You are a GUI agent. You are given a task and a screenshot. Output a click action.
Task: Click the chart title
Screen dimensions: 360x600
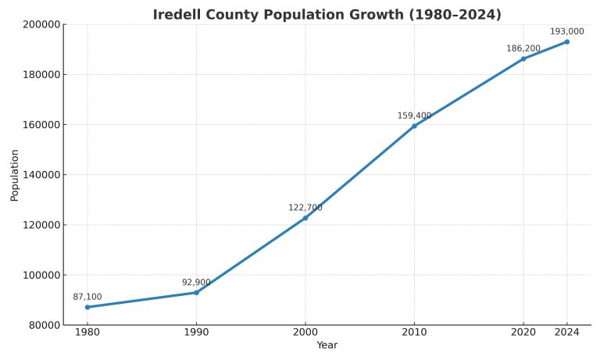pyautogui.click(x=327, y=15)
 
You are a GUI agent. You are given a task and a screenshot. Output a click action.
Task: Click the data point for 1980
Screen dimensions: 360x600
pyautogui.click(x=87, y=307)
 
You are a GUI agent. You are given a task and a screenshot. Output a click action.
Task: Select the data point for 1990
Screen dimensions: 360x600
pyautogui.click(x=196, y=292)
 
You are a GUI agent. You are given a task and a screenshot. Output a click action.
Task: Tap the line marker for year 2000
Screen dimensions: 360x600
pyautogui.click(x=305, y=218)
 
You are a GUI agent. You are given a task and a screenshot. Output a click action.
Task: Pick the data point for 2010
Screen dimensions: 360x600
pyautogui.click(x=414, y=126)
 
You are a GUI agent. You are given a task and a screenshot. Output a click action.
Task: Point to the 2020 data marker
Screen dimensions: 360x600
pyautogui.click(x=523, y=59)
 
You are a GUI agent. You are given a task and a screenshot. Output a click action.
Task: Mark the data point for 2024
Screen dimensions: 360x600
pyautogui.click(x=567, y=41)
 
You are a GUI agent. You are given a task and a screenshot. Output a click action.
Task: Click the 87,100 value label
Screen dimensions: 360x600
pyautogui.click(x=87, y=297)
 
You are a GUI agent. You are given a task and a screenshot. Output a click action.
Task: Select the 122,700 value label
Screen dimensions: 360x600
pyautogui.click(x=305, y=208)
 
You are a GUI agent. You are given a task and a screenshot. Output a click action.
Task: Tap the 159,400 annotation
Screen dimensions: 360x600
pyautogui.click(x=414, y=116)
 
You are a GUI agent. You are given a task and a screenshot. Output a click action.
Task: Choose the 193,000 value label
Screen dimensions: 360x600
pyautogui.click(x=567, y=31)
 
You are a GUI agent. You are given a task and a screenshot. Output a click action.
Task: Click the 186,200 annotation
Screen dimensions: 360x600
pyautogui.click(x=523, y=48)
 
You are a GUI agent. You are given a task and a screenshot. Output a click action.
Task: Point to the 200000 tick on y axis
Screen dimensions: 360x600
pyautogui.click(x=39, y=24)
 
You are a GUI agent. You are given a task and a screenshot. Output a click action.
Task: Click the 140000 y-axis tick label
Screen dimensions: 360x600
pyautogui.click(x=39, y=175)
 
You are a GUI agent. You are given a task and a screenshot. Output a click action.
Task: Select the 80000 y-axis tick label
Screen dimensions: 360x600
pyautogui.click(x=41, y=325)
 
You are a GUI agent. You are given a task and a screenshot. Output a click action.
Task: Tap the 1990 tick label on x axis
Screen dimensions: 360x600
pyautogui.click(x=196, y=333)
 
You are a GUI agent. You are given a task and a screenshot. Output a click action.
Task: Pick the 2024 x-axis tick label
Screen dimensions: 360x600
pyautogui.click(x=567, y=333)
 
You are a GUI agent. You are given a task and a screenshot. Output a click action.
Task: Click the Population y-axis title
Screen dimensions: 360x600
pyautogui.click(x=14, y=175)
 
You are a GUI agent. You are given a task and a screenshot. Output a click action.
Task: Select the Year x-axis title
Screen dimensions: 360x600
pyautogui.click(x=327, y=345)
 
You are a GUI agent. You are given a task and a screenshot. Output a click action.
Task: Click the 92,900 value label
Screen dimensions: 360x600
pyautogui.click(x=196, y=282)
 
